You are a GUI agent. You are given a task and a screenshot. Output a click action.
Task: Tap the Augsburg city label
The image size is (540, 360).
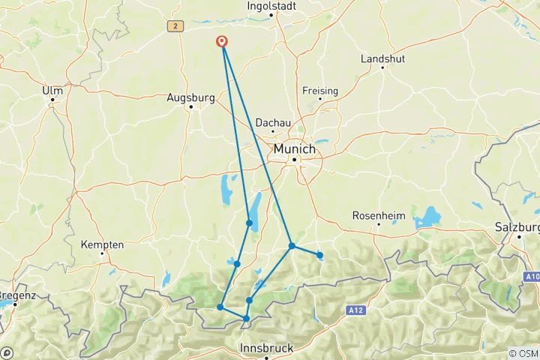tap(191, 97)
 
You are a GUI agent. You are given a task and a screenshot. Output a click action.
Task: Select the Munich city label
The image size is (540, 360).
tap(294, 149)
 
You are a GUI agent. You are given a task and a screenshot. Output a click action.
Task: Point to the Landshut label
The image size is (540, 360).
tap(383, 58)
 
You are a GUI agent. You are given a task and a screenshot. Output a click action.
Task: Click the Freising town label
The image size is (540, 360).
tap(320, 91)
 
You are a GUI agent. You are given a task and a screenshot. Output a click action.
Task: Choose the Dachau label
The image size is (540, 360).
tap(272, 121)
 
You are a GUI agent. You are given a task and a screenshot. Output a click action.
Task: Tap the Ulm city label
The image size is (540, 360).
tap(52, 90)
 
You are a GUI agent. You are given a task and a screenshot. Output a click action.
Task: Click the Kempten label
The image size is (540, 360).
tap(103, 244)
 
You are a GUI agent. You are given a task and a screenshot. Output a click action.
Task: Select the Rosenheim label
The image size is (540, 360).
tap(379, 216)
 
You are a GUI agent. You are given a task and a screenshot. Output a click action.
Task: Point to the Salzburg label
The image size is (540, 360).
tap(517, 227)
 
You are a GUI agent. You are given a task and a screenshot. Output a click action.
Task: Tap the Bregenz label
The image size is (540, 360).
tap(16, 295)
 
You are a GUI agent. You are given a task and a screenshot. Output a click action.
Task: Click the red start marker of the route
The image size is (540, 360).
tap(223, 42)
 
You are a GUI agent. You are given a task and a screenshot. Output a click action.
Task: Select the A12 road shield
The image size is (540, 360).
tap(355, 310)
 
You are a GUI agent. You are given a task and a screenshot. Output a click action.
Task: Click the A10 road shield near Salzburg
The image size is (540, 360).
tap(531, 277)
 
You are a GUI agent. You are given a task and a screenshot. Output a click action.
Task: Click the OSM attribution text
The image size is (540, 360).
tap(523, 353)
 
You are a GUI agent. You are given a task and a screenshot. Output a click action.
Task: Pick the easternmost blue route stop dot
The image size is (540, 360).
tap(319, 255)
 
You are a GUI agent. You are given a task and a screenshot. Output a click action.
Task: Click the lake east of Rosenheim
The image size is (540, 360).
tap(427, 218)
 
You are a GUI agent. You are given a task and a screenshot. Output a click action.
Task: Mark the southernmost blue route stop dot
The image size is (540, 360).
tap(246, 319)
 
